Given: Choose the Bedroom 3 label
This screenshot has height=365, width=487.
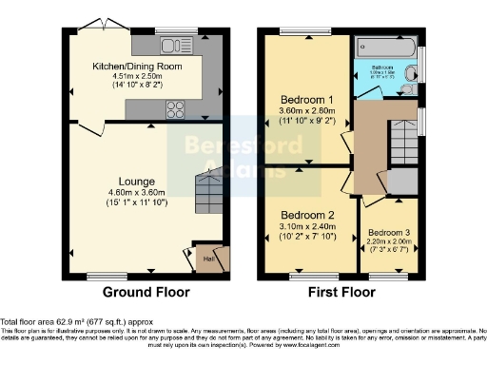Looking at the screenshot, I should (390, 232).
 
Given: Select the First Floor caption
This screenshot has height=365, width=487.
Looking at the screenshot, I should (338, 292).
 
